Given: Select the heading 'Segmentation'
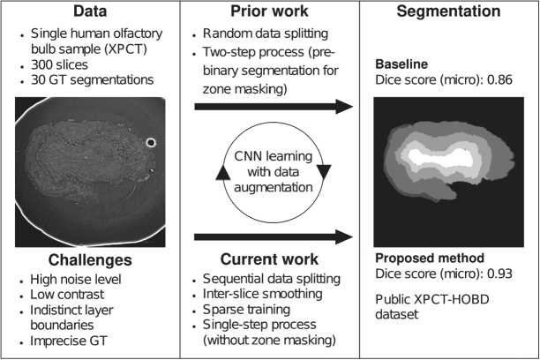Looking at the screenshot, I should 448,12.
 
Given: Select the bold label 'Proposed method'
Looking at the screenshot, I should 428,259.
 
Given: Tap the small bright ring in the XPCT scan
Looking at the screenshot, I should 151,142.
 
